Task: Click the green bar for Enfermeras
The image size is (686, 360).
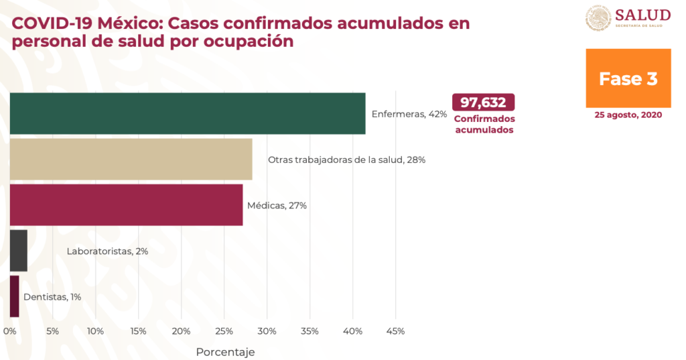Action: [188, 113]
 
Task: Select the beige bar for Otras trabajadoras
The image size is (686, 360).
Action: [131, 159]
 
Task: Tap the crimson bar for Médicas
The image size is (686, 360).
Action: [127, 204]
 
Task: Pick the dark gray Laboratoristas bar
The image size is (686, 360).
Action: [19, 251]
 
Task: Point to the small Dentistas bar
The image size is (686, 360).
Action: [15, 296]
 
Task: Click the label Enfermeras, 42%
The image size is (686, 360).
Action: [409, 114]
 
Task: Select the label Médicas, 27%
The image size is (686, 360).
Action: [277, 205]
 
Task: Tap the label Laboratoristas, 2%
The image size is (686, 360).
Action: [107, 251]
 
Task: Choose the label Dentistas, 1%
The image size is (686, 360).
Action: [52, 296]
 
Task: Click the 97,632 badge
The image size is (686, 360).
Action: [484, 102]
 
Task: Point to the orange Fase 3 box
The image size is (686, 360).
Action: [628, 78]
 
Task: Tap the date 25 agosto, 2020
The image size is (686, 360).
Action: [628, 115]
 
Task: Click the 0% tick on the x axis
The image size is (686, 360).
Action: [9, 331]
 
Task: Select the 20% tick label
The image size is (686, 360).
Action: [181, 331]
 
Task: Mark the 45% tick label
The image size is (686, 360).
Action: [395, 331]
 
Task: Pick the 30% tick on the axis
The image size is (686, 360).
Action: [267, 331]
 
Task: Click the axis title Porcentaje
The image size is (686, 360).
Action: [225, 351]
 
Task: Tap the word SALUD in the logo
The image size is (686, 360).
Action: [642, 15]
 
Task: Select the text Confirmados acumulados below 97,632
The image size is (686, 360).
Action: [484, 124]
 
